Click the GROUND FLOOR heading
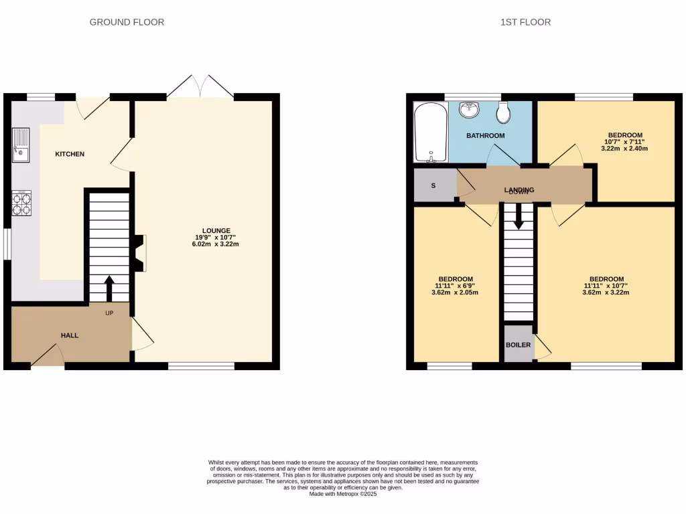(127, 22)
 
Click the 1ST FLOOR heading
(525, 22)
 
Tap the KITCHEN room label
(70, 154)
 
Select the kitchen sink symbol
(20, 145)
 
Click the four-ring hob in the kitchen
(21, 203)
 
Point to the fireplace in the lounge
(139, 253)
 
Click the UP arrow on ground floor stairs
(109, 288)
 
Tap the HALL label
(70, 335)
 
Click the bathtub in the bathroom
(429, 133)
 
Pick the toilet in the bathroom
(504, 112)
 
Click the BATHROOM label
(486, 136)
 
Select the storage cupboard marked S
(433, 185)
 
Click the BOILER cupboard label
(518, 345)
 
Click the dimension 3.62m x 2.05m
(456, 292)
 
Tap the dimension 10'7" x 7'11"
(625, 141)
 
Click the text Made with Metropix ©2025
(343, 494)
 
